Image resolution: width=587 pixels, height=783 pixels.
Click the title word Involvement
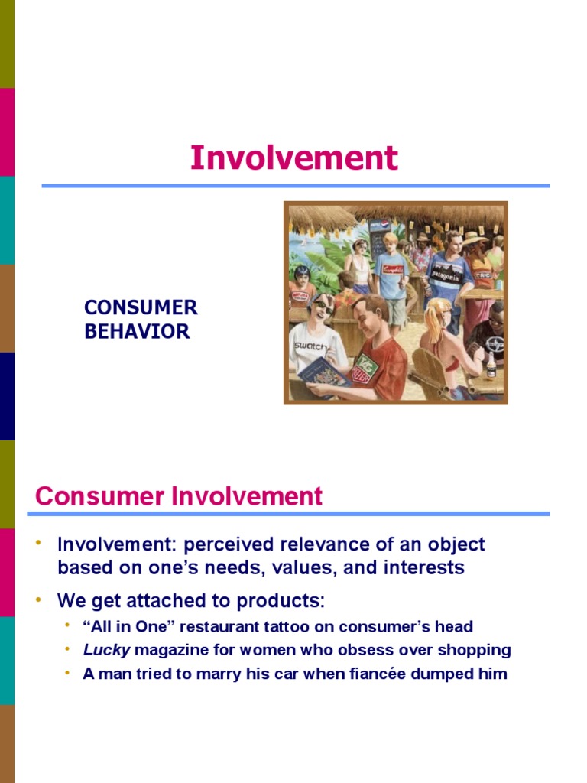point(293,158)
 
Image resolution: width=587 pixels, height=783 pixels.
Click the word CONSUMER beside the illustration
point(141,307)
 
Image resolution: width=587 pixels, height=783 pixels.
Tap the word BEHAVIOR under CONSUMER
point(137,331)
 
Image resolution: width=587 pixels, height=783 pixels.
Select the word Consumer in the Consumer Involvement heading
point(101,496)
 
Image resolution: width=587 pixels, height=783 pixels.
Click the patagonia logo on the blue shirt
point(446,275)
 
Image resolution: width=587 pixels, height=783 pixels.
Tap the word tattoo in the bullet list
point(317,626)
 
